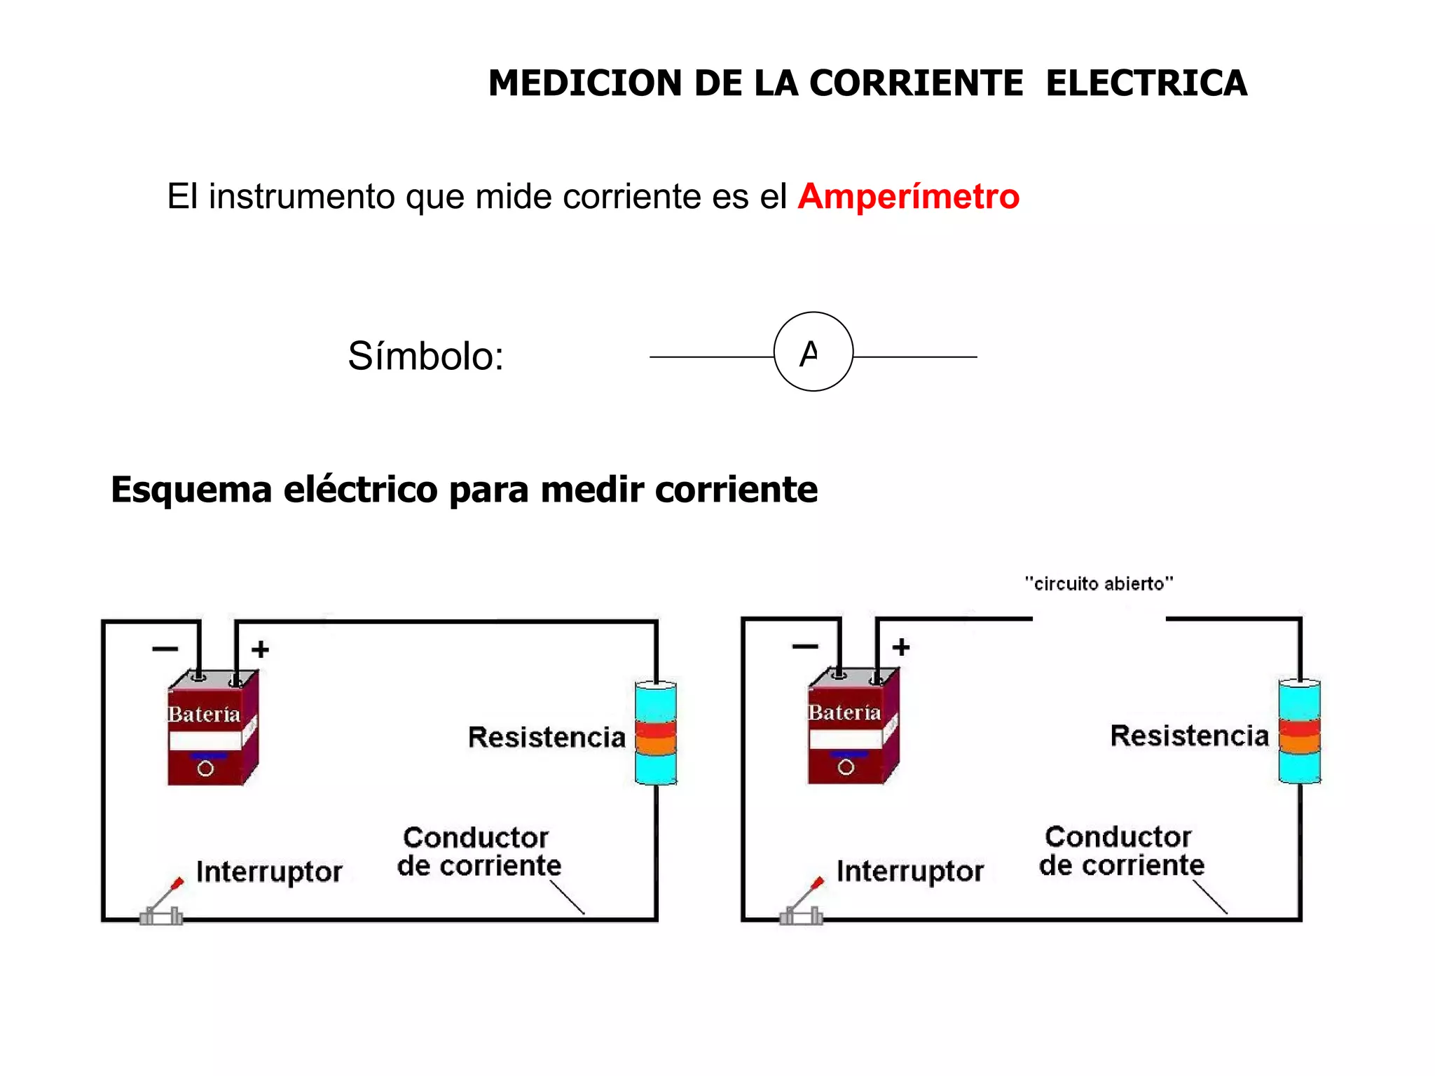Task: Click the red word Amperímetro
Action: [x=908, y=197]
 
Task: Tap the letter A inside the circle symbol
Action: [x=809, y=353]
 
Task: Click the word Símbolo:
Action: [x=425, y=356]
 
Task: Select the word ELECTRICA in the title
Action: [x=1146, y=83]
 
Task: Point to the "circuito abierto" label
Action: [x=1099, y=584]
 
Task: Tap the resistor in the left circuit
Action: [x=656, y=733]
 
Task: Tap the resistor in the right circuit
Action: [x=1299, y=731]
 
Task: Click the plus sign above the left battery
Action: [x=261, y=649]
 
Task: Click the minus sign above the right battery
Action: [x=805, y=647]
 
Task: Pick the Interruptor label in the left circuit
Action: [x=269, y=872]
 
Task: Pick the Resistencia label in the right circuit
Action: [x=1189, y=736]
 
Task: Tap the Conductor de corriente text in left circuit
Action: [x=479, y=852]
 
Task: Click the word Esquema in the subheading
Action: [x=191, y=490]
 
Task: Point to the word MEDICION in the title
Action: [x=584, y=83]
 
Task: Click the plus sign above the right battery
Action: [x=901, y=647]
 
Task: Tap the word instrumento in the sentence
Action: [x=302, y=197]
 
